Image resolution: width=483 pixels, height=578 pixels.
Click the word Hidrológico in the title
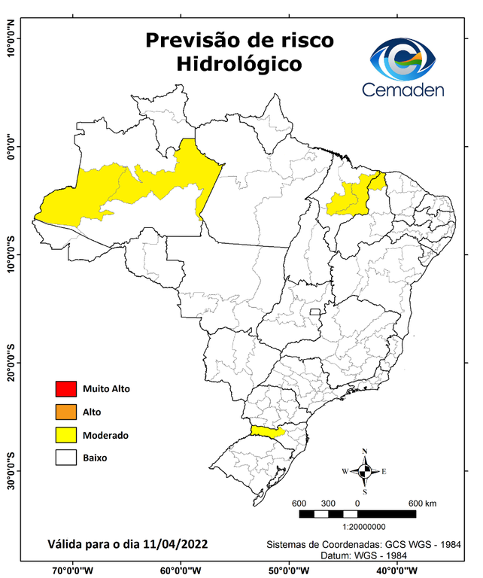239,64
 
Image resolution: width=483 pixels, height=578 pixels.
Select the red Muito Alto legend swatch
65,389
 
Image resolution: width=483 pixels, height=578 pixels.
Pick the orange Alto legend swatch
65,412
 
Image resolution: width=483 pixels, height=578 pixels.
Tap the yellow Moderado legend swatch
65,434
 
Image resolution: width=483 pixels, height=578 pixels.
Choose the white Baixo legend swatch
65,457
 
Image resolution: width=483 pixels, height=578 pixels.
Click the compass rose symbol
364,471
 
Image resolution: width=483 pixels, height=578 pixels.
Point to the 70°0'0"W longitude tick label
73,570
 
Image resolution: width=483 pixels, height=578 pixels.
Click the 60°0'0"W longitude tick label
181,570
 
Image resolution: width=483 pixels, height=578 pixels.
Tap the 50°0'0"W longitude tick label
289,570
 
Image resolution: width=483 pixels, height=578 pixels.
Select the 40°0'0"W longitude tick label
397,570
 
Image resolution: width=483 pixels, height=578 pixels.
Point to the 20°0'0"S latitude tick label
11,363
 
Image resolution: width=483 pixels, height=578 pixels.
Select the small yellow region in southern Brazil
265,430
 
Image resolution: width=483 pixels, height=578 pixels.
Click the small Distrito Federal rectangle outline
316,310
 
